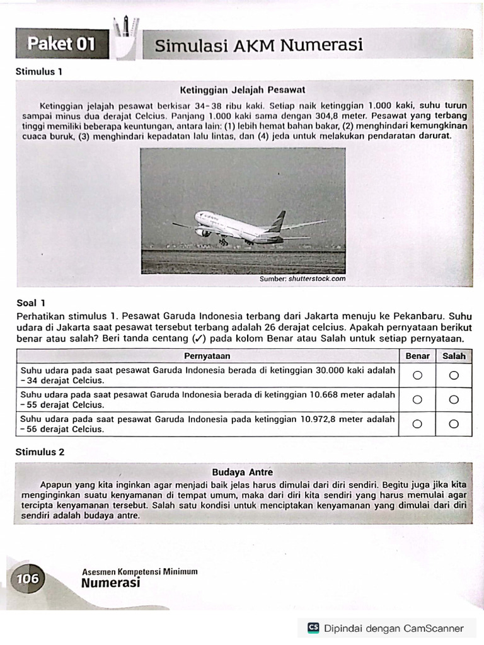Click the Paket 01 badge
(x=61, y=44)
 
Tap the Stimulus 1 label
(x=39, y=72)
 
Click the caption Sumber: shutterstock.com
(x=302, y=279)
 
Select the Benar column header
(x=417, y=356)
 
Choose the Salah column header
(x=454, y=356)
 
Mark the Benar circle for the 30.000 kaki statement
(x=417, y=375)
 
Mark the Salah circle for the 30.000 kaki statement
(x=454, y=375)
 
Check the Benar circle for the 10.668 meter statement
(x=417, y=399)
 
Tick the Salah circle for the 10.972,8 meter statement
(x=454, y=424)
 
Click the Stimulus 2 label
(x=39, y=452)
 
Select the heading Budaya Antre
(x=243, y=472)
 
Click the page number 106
(x=28, y=578)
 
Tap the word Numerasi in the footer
(x=110, y=583)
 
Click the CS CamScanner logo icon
(x=313, y=628)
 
